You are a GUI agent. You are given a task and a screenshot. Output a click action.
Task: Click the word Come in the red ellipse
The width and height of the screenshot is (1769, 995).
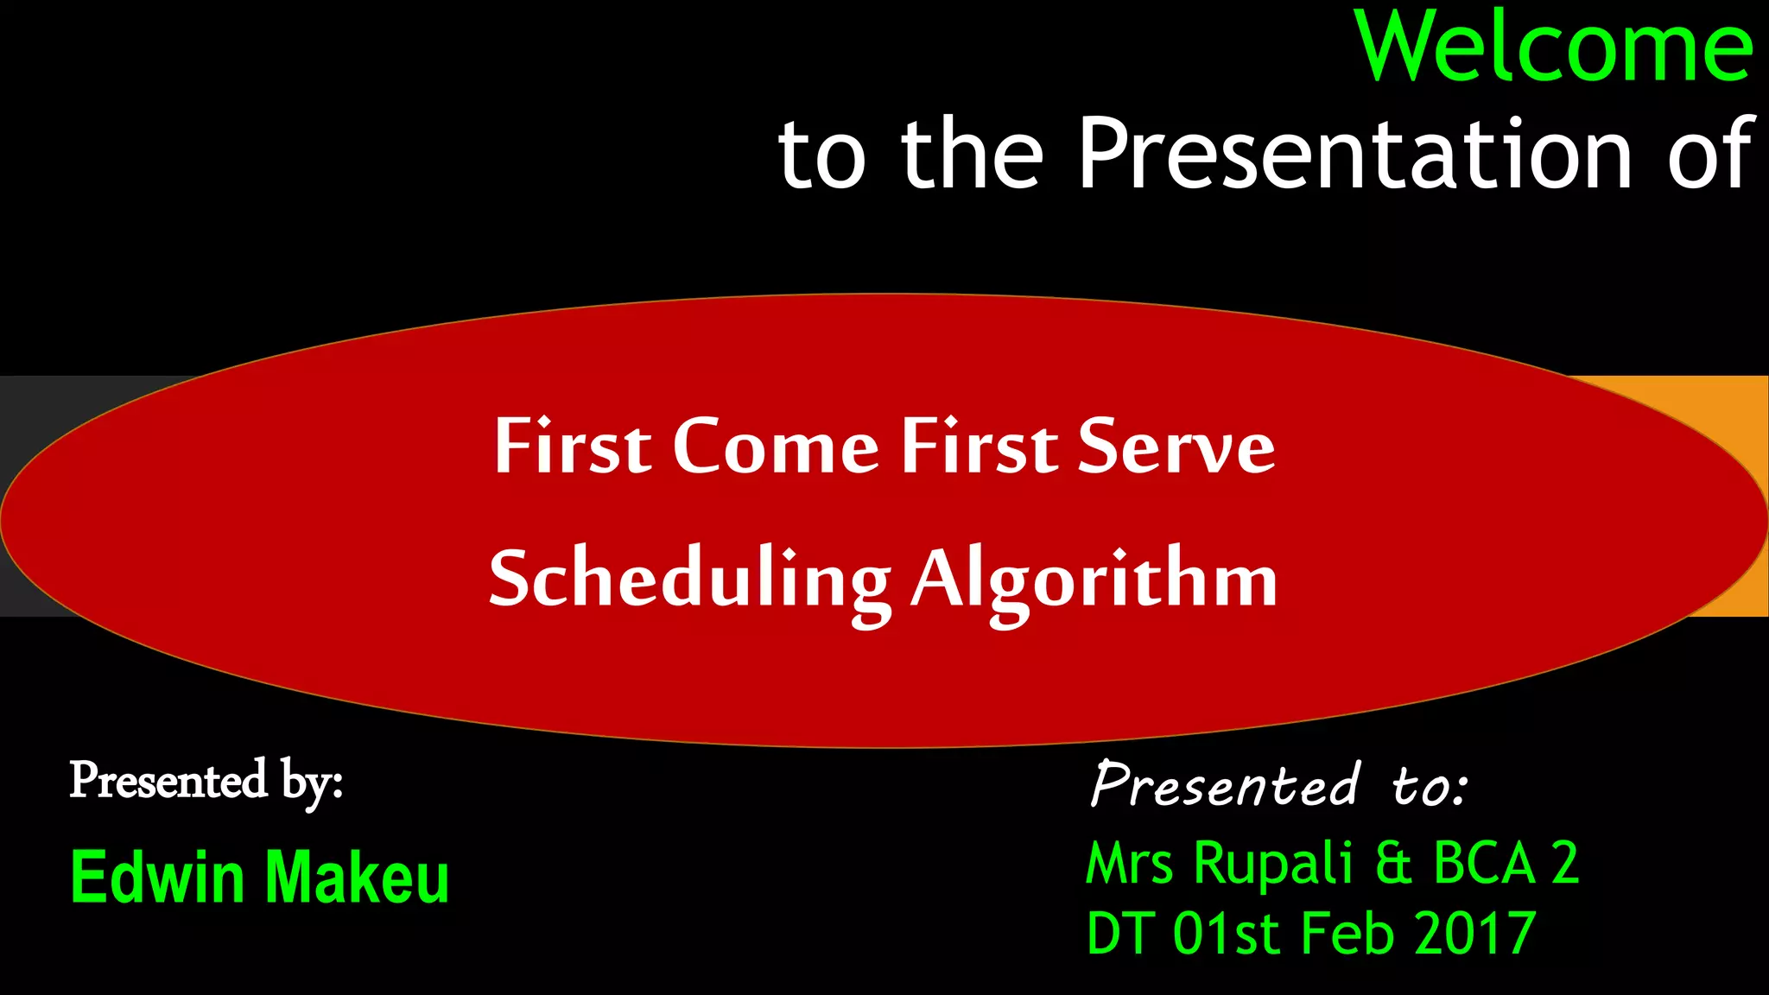point(775,447)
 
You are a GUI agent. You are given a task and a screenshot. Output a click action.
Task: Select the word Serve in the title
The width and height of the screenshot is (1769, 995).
point(1176,447)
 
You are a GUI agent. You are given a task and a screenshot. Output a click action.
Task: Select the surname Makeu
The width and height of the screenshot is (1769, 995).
point(357,878)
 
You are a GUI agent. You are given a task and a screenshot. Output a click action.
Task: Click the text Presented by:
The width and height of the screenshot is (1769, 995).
point(206,782)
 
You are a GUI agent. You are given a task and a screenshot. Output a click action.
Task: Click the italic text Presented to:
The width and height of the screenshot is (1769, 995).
point(1278,784)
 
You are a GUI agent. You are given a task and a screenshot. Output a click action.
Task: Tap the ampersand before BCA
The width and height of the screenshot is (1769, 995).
point(1392,864)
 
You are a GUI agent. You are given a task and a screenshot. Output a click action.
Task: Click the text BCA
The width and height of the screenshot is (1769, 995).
point(1484,864)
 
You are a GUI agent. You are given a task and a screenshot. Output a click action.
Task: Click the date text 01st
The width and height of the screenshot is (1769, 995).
point(1226,934)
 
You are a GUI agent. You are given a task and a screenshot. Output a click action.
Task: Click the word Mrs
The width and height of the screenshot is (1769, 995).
point(1129,864)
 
